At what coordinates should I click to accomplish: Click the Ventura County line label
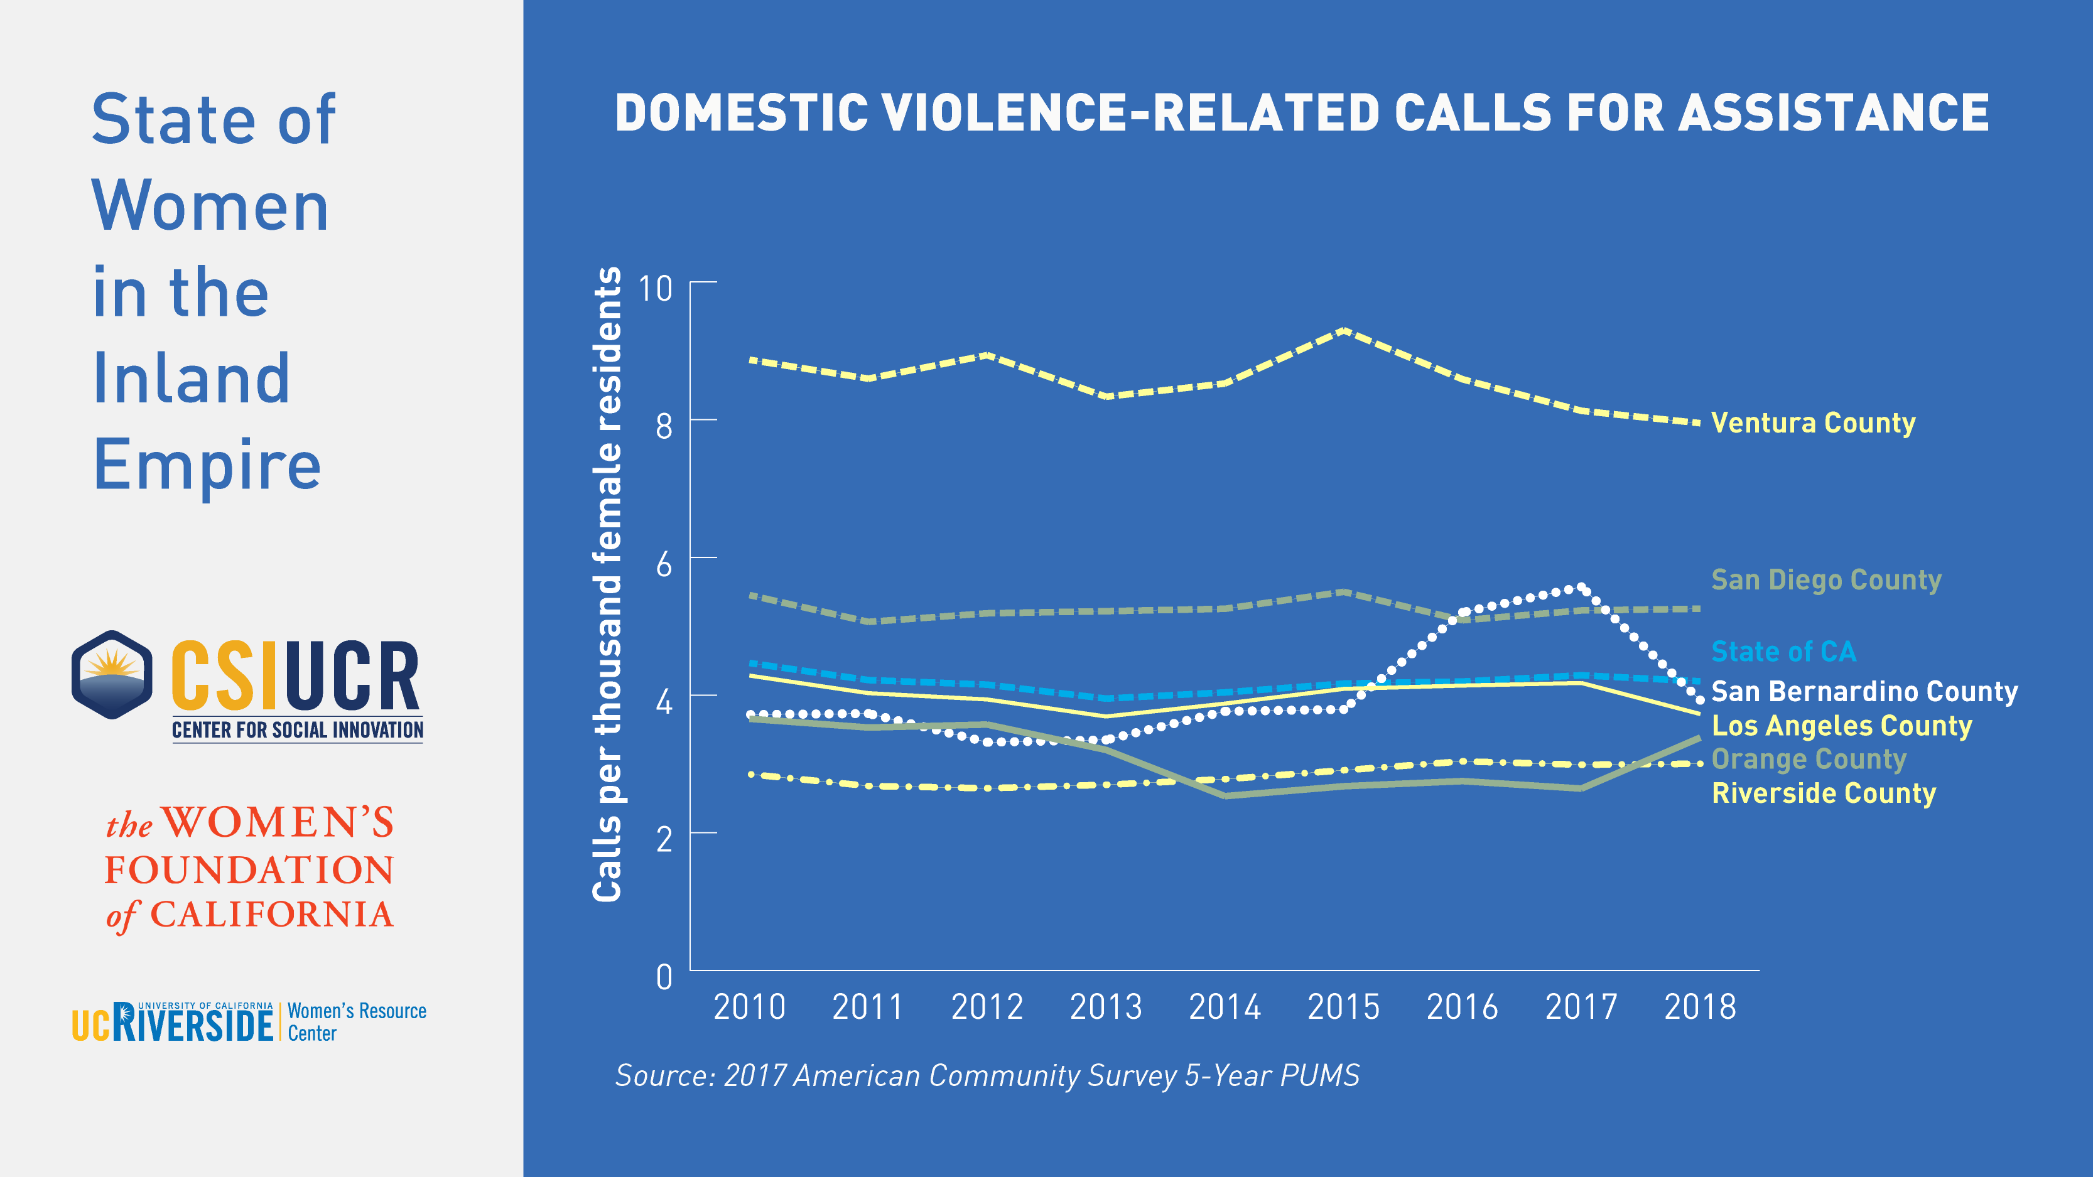point(1813,423)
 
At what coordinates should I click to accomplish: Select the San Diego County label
point(1825,580)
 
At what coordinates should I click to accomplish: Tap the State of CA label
point(1783,652)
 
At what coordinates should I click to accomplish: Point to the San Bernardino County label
point(1864,691)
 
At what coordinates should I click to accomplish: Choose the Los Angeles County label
point(1841,726)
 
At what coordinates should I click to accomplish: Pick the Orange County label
point(1808,759)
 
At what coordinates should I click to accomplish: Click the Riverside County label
point(1823,793)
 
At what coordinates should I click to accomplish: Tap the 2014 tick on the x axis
point(1225,1008)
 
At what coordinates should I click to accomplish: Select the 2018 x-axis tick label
point(1700,1008)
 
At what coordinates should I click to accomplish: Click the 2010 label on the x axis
point(749,1008)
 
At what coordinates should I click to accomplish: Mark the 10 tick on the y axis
point(656,288)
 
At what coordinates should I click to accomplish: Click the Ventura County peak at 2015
point(1344,331)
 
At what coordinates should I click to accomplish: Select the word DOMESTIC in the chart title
point(742,113)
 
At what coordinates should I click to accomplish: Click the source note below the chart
point(987,1075)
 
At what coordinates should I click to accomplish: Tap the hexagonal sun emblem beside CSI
point(112,675)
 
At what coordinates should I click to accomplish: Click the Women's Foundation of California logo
point(249,869)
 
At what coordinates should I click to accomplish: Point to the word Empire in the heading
point(207,465)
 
